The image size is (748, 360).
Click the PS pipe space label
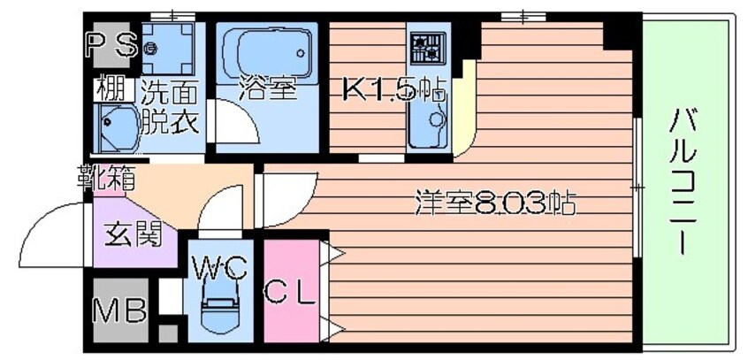tap(112, 45)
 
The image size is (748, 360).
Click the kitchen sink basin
tap(429, 125)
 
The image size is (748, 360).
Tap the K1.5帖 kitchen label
tap(394, 89)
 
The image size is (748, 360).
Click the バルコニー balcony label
tap(683, 181)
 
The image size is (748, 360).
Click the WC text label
tap(219, 269)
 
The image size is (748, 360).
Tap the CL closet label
tap(291, 293)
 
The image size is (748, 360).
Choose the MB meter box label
tap(119, 310)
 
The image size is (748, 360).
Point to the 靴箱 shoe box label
tap(107, 177)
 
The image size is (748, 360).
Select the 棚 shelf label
tap(111, 88)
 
